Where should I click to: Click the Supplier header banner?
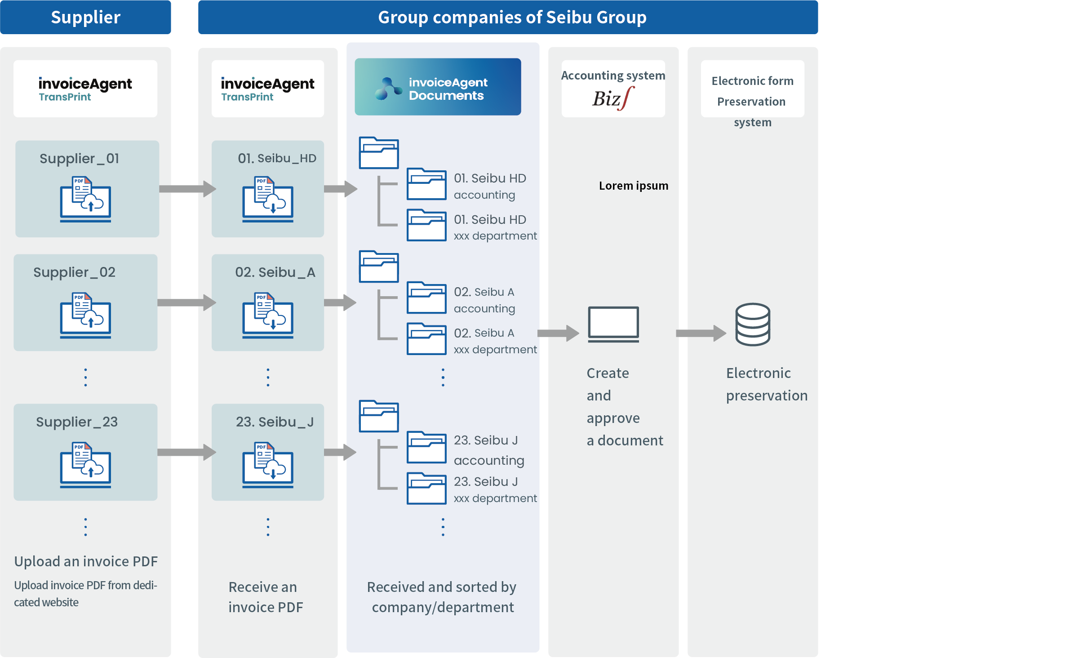[x=85, y=17]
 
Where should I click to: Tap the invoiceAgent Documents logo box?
[x=438, y=87]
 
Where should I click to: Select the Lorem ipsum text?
[x=633, y=186]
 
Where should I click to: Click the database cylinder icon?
[x=753, y=324]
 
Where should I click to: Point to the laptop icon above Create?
[x=613, y=324]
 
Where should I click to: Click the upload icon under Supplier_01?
[x=85, y=199]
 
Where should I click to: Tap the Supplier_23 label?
[x=77, y=422]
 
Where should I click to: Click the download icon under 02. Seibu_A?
[x=268, y=316]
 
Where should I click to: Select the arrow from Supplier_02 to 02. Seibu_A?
[x=186, y=302]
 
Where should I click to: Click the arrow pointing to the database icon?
[x=701, y=333]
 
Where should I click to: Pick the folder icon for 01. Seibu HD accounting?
[x=426, y=184]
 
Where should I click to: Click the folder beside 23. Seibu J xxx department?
[x=426, y=489]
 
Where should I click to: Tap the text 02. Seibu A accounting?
[x=484, y=300]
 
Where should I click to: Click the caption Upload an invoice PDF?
[x=86, y=561]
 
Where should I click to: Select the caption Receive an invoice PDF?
[x=265, y=597]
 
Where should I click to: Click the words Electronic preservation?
[x=766, y=384]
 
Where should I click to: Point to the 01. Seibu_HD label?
[x=277, y=158]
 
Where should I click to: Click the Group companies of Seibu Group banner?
[x=512, y=17]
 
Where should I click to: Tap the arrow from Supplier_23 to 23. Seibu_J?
[x=186, y=452]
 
